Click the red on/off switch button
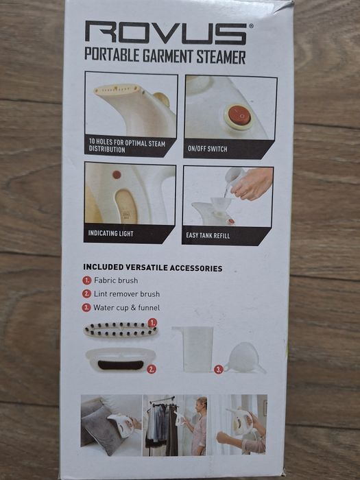tap(239, 115)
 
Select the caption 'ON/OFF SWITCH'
tap(208, 149)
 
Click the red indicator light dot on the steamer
tap(117, 175)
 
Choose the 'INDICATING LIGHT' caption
tap(111, 234)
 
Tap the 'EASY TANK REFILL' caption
tap(209, 235)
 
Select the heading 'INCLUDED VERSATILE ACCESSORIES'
tap(153, 268)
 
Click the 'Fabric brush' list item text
tap(116, 280)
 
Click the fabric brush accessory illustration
tap(119, 330)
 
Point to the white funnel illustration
tap(243, 358)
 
